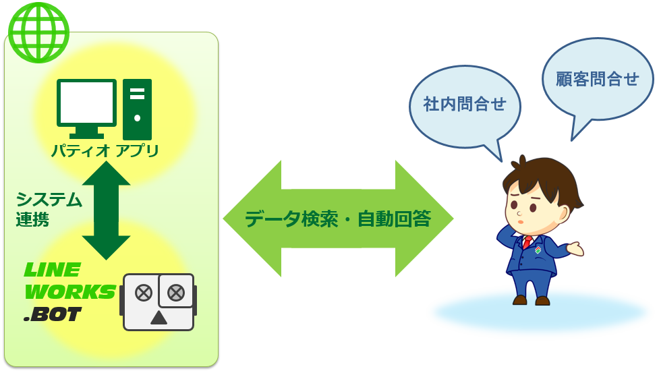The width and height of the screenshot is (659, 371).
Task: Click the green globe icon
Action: pyautogui.click(x=38, y=32)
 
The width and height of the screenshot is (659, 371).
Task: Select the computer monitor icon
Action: pyautogui.click(x=86, y=109)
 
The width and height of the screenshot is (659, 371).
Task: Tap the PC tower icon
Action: pyautogui.click(x=138, y=109)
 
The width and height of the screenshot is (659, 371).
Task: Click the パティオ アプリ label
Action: pyautogui.click(x=105, y=150)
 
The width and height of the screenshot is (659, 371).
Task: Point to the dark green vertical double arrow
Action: pyautogui.click(x=107, y=210)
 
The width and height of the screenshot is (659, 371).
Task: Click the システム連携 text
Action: pyautogui.click(x=49, y=209)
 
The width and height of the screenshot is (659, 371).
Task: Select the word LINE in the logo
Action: pyautogui.click(x=53, y=270)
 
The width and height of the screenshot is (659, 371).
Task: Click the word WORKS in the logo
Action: pyautogui.click(x=69, y=291)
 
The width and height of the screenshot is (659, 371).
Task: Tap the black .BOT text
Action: pyautogui.click(x=53, y=314)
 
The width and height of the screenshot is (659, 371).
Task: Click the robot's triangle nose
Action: pyautogui.click(x=159, y=318)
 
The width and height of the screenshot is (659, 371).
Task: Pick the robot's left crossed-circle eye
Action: pyautogui.click(x=144, y=293)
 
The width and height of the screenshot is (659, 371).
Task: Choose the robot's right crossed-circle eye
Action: pyautogui.click(x=176, y=293)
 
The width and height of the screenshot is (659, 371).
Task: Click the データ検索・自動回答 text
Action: pyautogui.click(x=338, y=219)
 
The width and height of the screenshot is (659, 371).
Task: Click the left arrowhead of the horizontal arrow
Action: pyautogui.click(x=252, y=219)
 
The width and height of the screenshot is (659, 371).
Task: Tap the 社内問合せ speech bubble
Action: pyautogui.click(x=465, y=109)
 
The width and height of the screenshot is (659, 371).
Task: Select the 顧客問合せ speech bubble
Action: pyautogui.click(x=598, y=82)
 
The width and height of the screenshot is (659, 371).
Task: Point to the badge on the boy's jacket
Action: pyautogui.click(x=538, y=250)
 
